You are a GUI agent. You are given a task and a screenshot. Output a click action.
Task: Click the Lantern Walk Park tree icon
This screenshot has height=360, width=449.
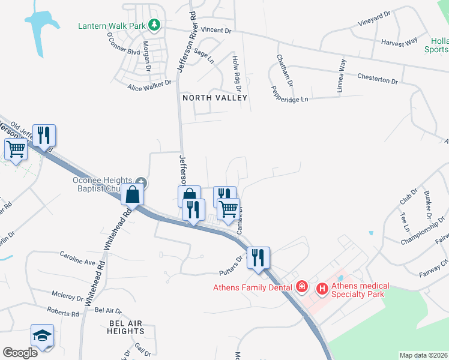coord(155,25)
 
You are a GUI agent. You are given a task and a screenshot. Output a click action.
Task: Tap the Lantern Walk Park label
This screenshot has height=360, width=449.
coord(113,26)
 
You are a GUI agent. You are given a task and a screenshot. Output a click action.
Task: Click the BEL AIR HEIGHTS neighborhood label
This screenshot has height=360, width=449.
coord(125,327)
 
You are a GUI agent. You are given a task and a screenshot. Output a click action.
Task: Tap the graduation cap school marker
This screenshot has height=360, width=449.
coord(42,335)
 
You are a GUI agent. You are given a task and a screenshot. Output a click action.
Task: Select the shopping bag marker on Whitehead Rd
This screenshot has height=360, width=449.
coord(133,194)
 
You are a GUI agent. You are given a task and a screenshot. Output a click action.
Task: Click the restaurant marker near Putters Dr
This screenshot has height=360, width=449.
coord(259,257)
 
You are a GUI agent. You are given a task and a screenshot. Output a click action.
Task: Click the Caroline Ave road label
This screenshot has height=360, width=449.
coord(77,262)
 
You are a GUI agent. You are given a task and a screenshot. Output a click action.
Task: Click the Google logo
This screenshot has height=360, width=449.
coord(20,352)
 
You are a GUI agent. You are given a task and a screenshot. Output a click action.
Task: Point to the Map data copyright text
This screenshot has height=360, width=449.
coord(423,355)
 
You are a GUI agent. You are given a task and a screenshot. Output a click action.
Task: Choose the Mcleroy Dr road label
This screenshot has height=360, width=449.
coord(67,297)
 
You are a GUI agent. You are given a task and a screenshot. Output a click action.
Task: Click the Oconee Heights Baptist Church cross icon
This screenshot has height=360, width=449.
coord(140,181)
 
